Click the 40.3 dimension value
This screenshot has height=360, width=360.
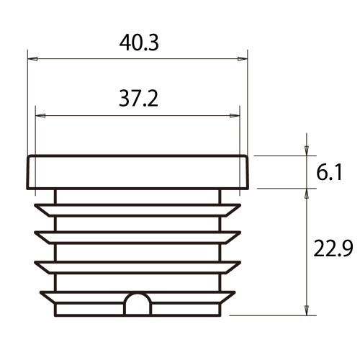tap(139, 43)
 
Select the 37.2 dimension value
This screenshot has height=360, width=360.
tap(138, 99)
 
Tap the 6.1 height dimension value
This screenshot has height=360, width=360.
tap(329, 172)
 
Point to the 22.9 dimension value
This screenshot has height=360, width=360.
tap(333, 248)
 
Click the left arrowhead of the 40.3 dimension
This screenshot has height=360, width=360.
tap(32, 59)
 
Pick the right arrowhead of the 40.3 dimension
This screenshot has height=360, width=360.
tap(243, 59)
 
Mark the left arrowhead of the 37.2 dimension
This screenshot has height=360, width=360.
tap(40, 116)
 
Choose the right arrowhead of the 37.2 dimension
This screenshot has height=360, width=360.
tap(235, 116)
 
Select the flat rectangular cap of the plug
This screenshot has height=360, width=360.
tap(138, 172)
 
